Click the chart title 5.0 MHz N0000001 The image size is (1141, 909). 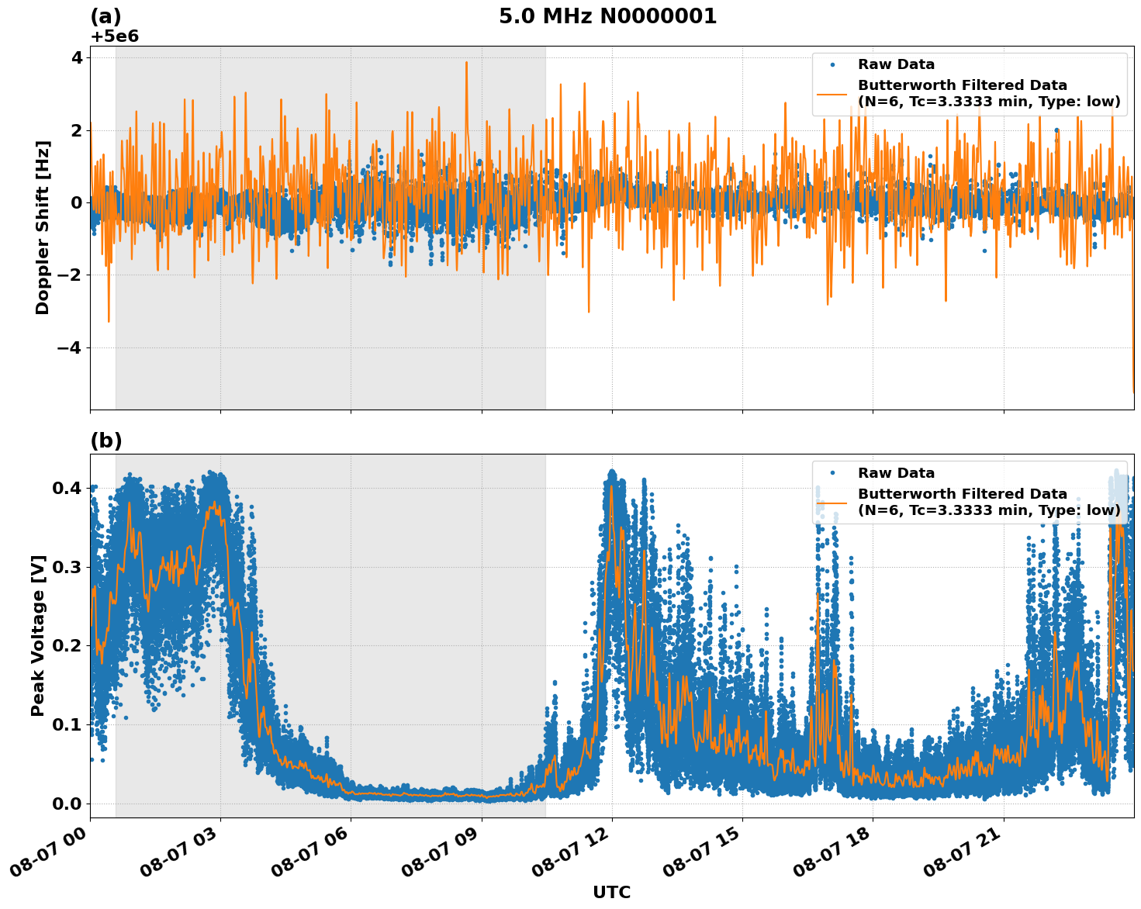(x=607, y=16)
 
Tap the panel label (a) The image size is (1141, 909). (x=106, y=16)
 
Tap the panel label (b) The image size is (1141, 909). (x=106, y=441)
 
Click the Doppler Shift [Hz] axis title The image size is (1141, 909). (x=43, y=227)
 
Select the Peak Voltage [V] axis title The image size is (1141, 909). (x=38, y=635)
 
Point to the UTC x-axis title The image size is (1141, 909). (x=611, y=892)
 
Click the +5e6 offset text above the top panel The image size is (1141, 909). (x=115, y=36)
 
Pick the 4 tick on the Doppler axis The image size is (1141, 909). (x=77, y=58)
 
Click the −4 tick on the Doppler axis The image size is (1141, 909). (x=69, y=347)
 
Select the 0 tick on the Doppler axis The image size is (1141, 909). (x=77, y=202)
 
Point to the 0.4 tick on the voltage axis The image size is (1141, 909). (x=68, y=488)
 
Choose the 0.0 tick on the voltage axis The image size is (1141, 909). (x=68, y=804)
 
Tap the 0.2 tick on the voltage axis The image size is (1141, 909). (x=68, y=645)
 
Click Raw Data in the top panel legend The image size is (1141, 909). (x=896, y=64)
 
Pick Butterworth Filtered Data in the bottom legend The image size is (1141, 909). (x=962, y=494)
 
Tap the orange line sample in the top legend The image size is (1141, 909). (x=832, y=94)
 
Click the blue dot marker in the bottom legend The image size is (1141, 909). (x=832, y=472)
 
